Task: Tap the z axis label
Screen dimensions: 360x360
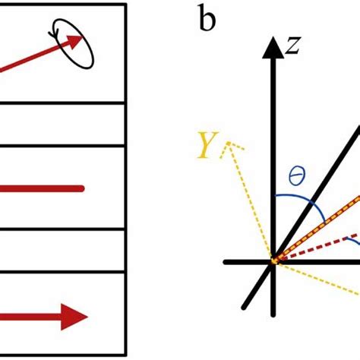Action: coord(294,47)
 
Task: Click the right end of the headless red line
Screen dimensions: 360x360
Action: coord(81,187)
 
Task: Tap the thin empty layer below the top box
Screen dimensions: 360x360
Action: coord(61,123)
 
